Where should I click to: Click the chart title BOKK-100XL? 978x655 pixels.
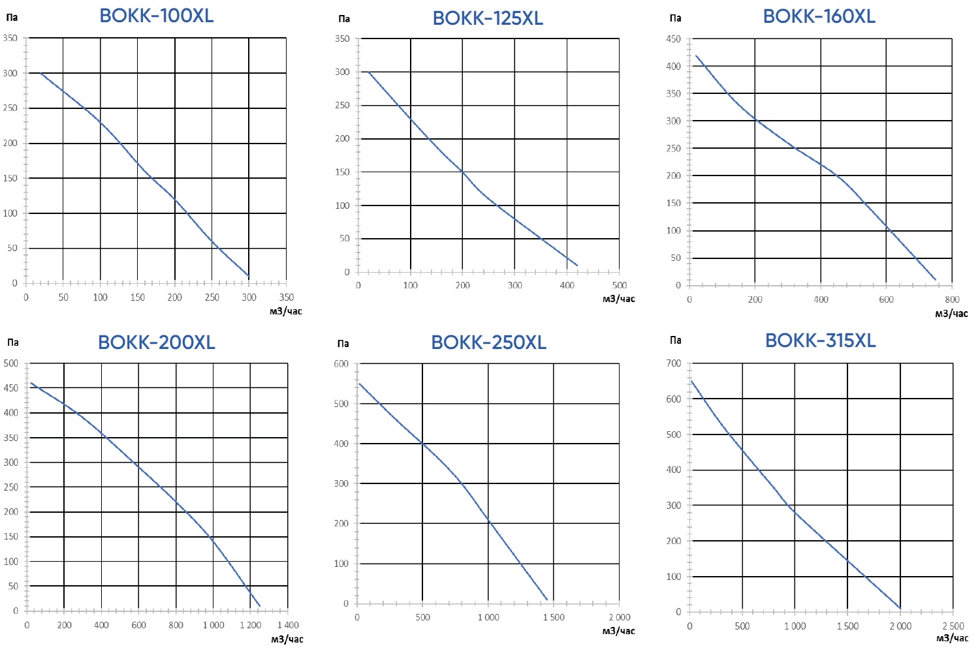[x=156, y=16]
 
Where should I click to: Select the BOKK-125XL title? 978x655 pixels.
[x=488, y=18]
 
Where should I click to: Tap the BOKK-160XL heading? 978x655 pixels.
[x=819, y=16]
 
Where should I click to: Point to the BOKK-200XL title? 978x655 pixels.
[x=156, y=342]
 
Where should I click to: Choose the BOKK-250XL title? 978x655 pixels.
[x=488, y=342]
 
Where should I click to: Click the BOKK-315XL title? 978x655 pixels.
[x=820, y=340]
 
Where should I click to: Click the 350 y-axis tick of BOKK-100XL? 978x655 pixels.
[x=10, y=38]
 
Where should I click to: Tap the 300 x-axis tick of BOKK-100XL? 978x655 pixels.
[x=249, y=297]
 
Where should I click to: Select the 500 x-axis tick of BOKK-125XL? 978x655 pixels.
[x=619, y=285]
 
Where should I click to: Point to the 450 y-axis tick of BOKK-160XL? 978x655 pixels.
[x=673, y=39]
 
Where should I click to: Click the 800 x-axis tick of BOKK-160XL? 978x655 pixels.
[x=952, y=299]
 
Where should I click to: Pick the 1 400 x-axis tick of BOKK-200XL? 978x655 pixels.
[x=287, y=625]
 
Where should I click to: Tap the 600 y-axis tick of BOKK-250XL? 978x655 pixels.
[x=341, y=364]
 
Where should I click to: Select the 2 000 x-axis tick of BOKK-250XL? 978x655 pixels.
[x=619, y=617]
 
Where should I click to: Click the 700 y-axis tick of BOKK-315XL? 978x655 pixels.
[x=673, y=363]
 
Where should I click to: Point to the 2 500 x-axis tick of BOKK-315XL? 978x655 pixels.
[x=953, y=626]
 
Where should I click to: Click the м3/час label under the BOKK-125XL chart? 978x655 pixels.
[x=618, y=299]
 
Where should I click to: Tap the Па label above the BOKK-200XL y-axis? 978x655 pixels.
[x=13, y=343]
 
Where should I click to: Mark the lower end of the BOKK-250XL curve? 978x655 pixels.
[x=546, y=599]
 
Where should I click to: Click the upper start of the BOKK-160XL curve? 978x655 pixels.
[x=696, y=55]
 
